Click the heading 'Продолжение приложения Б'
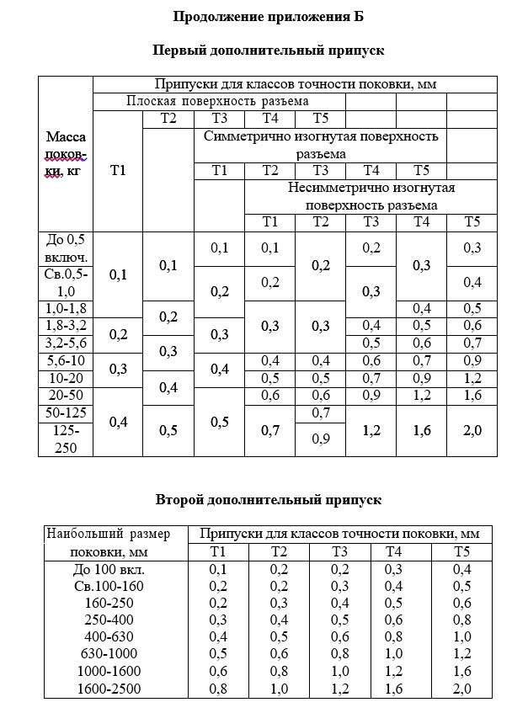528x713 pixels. tap(268, 17)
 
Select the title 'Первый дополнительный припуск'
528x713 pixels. tap(268, 51)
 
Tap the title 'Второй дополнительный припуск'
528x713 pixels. tap(268, 500)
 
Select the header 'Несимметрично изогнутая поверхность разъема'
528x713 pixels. tap(371, 195)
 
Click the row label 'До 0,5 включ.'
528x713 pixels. tap(65, 248)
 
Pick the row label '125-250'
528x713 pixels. tap(65, 439)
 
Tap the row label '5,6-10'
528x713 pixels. tap(65, 360)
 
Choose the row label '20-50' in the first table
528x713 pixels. tap(65, 395)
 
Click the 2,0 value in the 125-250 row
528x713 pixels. tap(472, 430)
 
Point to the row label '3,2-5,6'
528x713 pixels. tap(65, 343)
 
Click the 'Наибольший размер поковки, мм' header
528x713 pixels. tap(108, 543)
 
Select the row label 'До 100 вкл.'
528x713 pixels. tap(108, 569)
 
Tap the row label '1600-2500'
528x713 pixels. tap(108, 689)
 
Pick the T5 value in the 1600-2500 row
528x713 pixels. tap(461, 689)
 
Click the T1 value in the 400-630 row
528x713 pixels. tap(218, 637)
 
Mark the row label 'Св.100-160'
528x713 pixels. tap(108, 586)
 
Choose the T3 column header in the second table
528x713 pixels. tap(340, 552)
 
